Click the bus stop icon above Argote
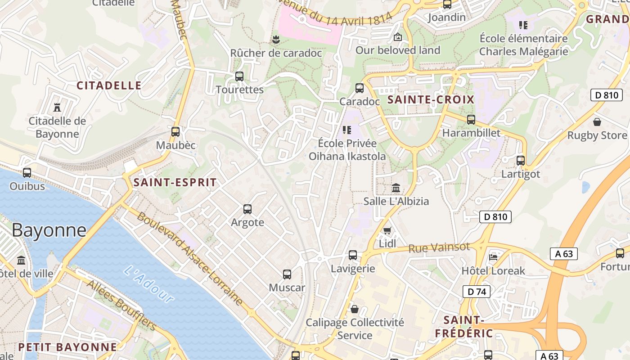pyautogui.click(x=247, y=209)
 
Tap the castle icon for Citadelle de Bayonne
pyautogui.click(x=57, y=108)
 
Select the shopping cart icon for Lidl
pyautogui.click(x=387, y=230)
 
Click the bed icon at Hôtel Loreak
pyautogui.click(x=493, y=257)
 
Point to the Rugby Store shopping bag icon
pyautogui.click(x=597, y=122)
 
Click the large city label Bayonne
pyautogui.click(x=49, y=230)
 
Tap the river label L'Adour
pyautogui.click(x=148, y=284)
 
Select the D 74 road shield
pyautogui.click(x=476, y=292)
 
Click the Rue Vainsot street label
pyautogui.click(x=439, y=247)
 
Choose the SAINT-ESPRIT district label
pyautogui.click(x=175, y=182)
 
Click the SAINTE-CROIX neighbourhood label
pyautogui.click(x=431, y=100)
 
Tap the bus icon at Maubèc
pyautogui.click(x=175, y=132)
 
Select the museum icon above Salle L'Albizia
pyautogui.click(x=396, y=188)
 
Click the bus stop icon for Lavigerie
pyautogui.click(x=353, y=255)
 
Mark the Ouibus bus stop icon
pyautogui.click(x=27, y=172)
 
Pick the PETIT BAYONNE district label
pyautogui.click(x=67, y=347)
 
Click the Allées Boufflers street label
pyautogui.click(x=121, y=305)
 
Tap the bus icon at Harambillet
pyautogui.click(x=471, y=120)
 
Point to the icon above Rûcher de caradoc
pyautogui.click(x=276, y=40)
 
